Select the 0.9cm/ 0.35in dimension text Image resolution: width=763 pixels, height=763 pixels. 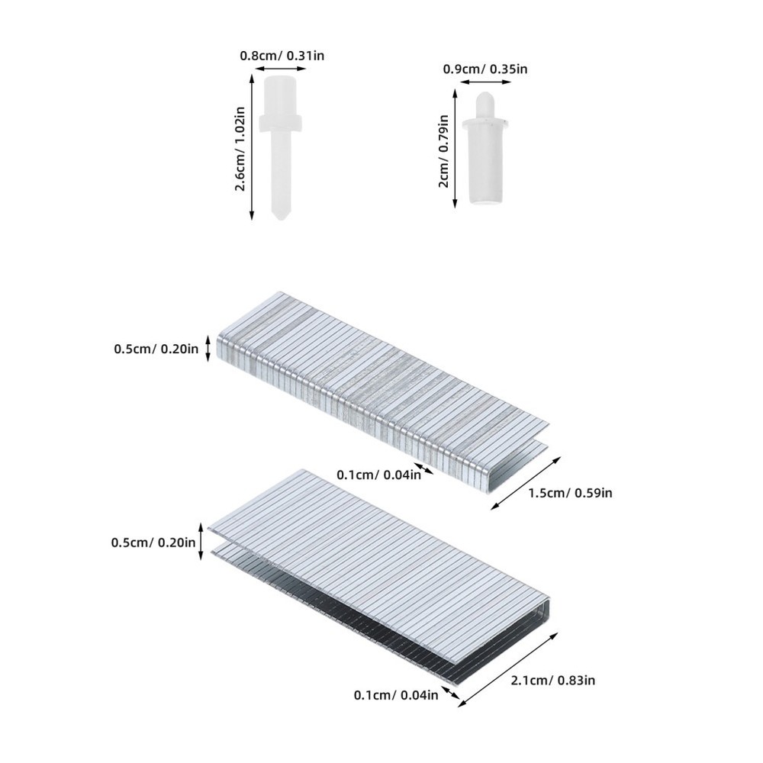coord(485,69)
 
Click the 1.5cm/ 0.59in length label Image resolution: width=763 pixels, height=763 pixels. coord(569,492)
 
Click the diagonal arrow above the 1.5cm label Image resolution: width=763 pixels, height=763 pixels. coord(526,483)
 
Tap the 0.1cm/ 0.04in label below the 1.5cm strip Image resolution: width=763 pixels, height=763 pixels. coord(378,475)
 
